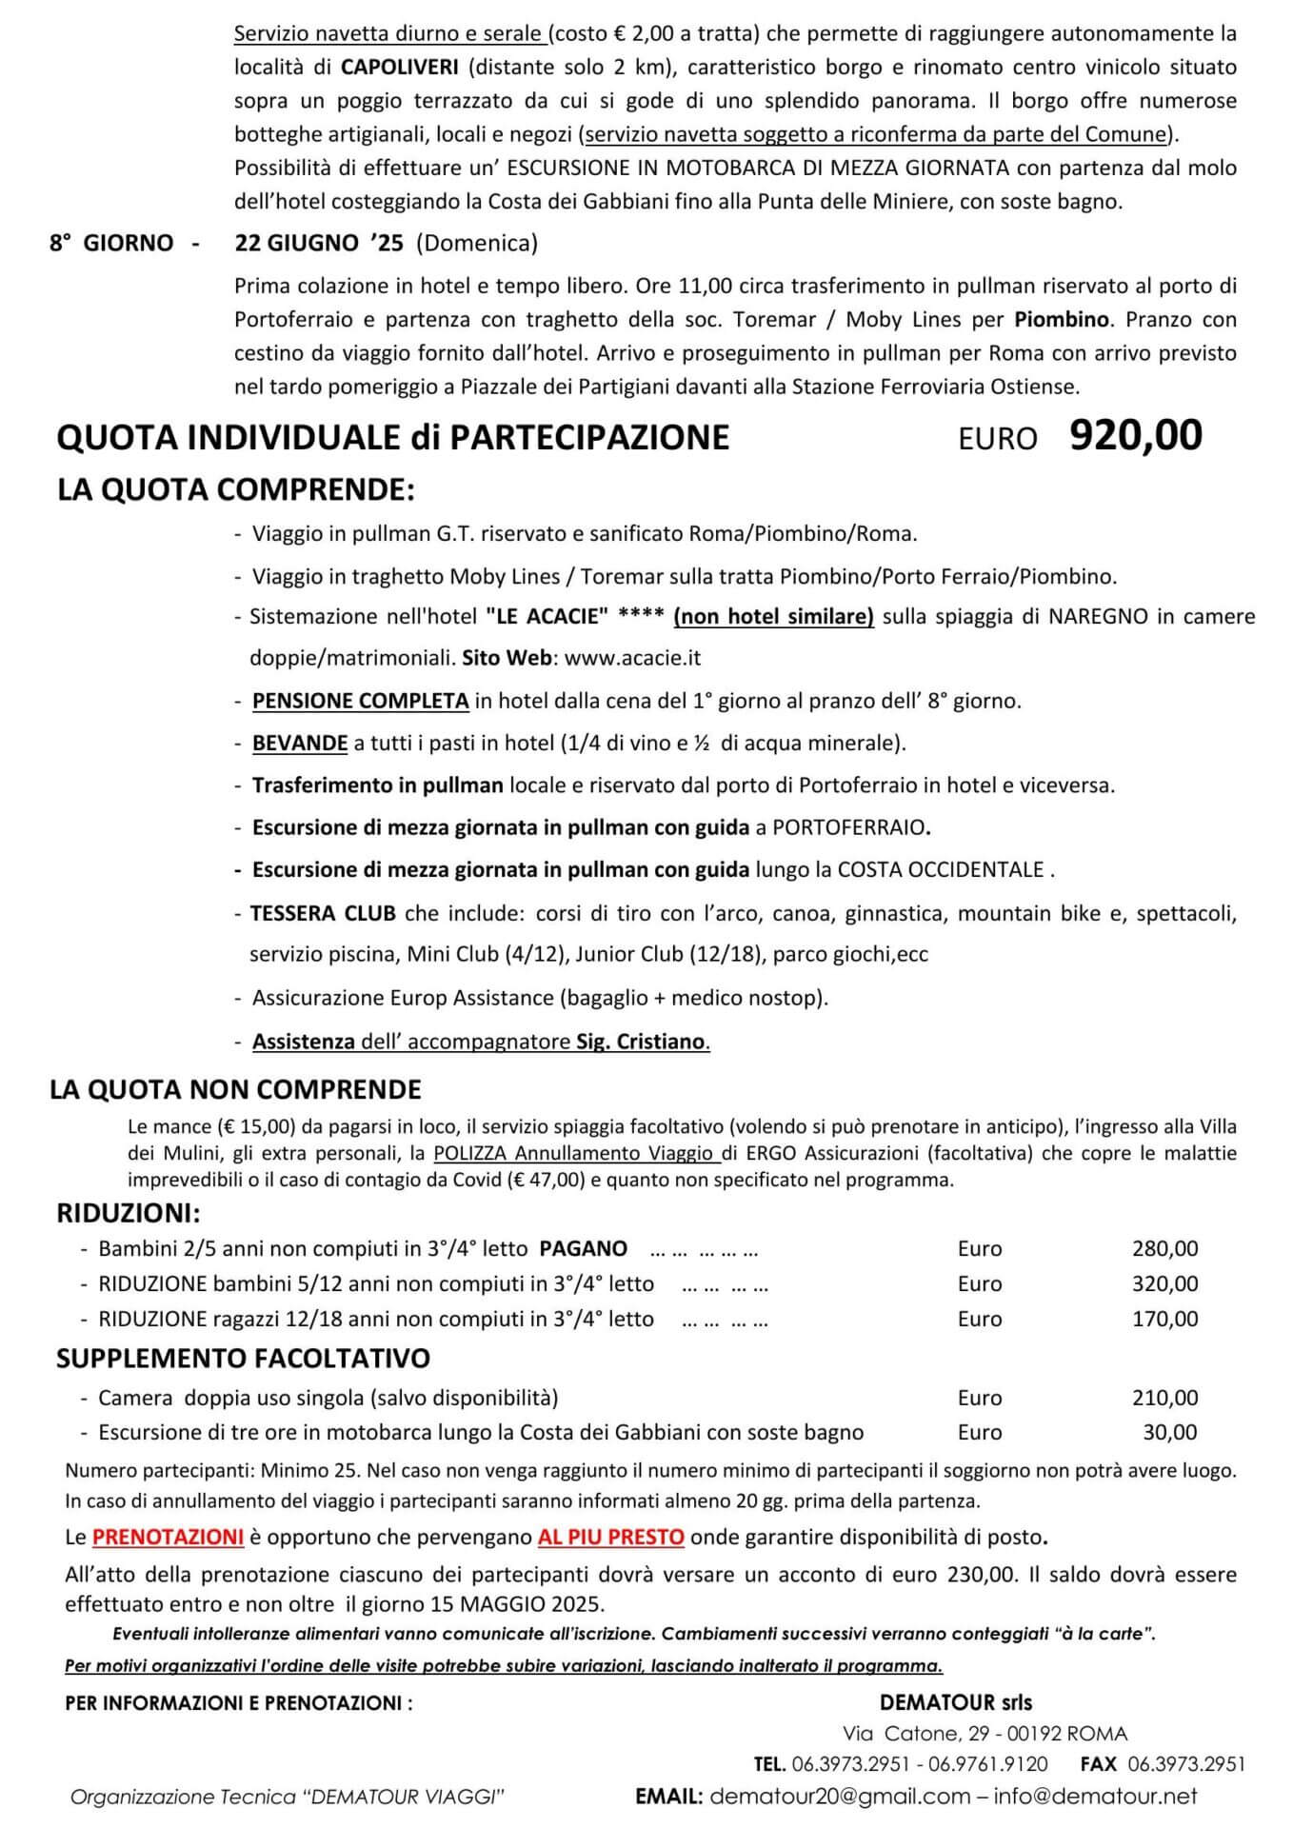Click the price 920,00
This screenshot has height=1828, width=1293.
point(1135,435)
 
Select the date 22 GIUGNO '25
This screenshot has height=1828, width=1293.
point(319,243)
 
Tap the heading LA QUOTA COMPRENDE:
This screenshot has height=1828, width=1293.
point(236,489)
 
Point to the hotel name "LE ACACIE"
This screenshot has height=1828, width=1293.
point(547,616)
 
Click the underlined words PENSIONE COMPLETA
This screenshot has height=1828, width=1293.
point(360,701)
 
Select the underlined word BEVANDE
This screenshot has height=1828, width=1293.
point(299,743)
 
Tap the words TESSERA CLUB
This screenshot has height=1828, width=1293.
point(323,914)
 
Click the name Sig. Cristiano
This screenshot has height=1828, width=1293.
point(641,1041)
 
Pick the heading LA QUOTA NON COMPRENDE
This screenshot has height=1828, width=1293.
point(235,1089)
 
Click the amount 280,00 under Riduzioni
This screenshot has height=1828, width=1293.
point(1164,1248)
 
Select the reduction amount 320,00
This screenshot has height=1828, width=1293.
point(1164,1283)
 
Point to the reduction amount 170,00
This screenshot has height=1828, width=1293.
point(1164,1319)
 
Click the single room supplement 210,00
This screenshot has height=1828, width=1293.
point(1164,1398)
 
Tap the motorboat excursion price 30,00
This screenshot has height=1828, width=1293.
point(1169,1432)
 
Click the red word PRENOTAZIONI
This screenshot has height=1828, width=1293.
point(168,1537)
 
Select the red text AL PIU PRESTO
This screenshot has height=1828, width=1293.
point(610,1537)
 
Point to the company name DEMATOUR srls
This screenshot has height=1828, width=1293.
point(955,1701)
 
